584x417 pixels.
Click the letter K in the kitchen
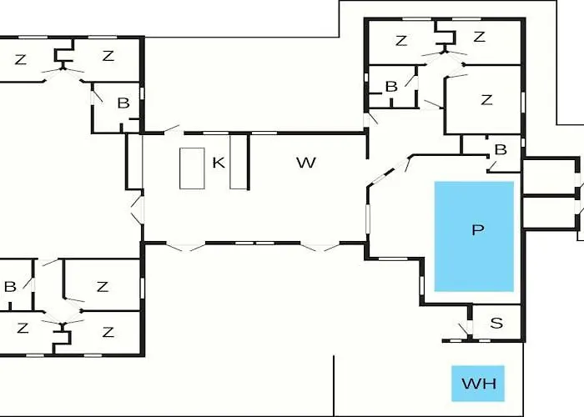point(219,163)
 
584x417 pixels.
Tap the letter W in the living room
point(306,163)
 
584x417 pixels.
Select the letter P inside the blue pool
point(477,230)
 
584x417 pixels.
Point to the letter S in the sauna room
point(496,323)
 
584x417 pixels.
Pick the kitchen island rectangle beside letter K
point(192,168)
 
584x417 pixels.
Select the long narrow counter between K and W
point(239,162)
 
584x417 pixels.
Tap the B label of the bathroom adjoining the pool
point(501,149)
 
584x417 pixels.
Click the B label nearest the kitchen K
point(123,103)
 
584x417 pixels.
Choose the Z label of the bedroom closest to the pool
point(486,100)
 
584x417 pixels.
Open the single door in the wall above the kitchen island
point(174,129)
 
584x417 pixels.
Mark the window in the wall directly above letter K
point(215,133)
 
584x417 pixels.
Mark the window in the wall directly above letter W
point(264,133)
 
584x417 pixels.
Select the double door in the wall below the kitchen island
point(185,247)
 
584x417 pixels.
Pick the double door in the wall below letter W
point(320,247)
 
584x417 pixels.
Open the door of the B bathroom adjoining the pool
point(492,166)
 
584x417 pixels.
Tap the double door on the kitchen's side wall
point(138,210)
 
